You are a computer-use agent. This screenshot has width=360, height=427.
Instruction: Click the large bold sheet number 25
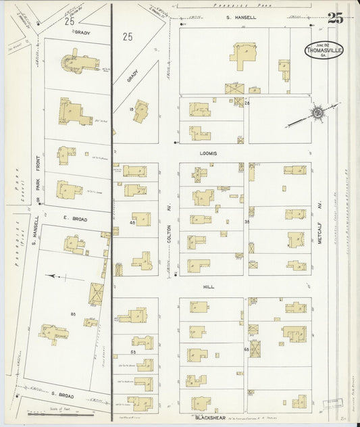[x=335, y=18]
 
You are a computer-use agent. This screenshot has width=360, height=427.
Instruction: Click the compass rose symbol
[x=317, y=112]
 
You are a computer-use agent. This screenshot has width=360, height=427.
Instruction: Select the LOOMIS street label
[x=209, y=153]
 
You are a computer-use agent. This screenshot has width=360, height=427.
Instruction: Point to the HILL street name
[x=209, y=286]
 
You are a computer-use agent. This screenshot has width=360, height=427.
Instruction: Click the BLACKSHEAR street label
[x=209, y=419]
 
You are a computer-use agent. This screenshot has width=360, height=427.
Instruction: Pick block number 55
[x=133, y=352]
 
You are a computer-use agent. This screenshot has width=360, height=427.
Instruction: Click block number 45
[x=133, y=222]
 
